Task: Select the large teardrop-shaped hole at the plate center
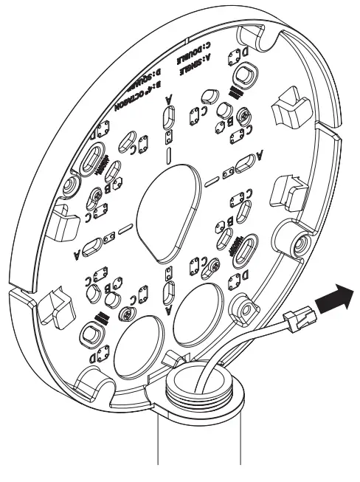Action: click(171, 207)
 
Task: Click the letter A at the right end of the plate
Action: click(259, 154)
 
